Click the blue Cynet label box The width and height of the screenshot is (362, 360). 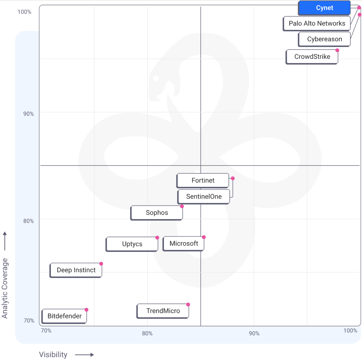[x=324, y=8]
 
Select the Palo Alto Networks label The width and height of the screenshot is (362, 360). [x=317, y=23]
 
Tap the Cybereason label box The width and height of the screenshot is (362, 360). [x=324, y=39]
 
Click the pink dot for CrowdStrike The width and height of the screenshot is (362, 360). [x=337, y=50]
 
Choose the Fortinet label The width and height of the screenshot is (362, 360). [x=203, y=180]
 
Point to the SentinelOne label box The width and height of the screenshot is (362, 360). [x=204, y=197]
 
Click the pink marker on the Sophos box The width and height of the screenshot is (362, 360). [x=182, y=206]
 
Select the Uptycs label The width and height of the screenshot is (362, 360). [x=132, y=244]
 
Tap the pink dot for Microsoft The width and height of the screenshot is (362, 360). [x=204, y=237]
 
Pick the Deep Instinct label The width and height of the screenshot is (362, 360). [x=76, y=270]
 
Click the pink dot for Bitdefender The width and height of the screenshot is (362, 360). [x=87, y=310]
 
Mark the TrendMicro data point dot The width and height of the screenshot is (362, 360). [x=188, y=305]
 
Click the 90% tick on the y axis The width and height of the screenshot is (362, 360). [x=29, y=114]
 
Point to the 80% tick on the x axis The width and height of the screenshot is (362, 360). [x=147, y=333]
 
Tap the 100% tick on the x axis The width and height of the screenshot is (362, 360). [x=350, y=330]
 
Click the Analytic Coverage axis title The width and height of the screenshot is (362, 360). [x=5, y=288]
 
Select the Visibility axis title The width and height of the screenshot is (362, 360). [x=53, y=355]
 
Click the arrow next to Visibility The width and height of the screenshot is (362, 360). [x=84, y=355]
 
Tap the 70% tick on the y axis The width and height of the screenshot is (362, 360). [x=29, y=321]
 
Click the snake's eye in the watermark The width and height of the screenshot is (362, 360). [x=156, y=78]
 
